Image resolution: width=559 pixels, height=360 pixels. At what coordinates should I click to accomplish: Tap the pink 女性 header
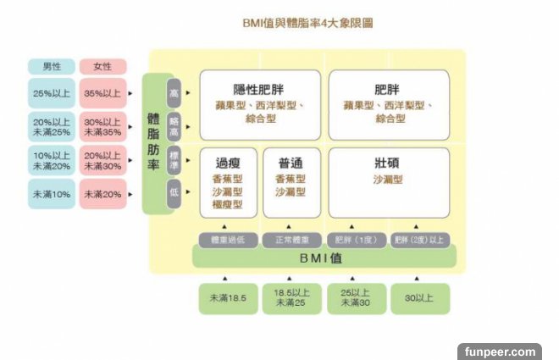(102, 66)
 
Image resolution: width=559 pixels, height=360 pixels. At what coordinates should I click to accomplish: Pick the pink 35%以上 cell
(102, 93)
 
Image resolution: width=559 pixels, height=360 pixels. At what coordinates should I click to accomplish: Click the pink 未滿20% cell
(102, 194)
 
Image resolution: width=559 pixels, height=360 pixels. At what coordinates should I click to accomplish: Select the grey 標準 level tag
(174, 161)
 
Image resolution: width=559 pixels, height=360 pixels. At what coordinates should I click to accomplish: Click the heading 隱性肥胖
(259, 89)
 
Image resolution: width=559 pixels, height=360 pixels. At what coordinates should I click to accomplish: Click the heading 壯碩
(388, 162)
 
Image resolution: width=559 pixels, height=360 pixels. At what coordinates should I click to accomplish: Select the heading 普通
(291, 162)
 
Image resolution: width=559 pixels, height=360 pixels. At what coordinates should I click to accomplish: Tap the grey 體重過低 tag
(226, 240)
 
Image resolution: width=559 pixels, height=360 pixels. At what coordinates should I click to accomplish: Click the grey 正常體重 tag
(291, 240)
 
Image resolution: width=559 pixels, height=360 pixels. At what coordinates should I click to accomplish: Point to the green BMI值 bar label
(323, 258)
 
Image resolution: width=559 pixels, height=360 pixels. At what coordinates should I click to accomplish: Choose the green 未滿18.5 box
(227, 297)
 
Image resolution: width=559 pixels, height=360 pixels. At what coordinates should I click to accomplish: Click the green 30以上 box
(419, 297)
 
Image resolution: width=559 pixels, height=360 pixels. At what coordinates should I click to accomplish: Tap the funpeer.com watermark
(500, 350)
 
